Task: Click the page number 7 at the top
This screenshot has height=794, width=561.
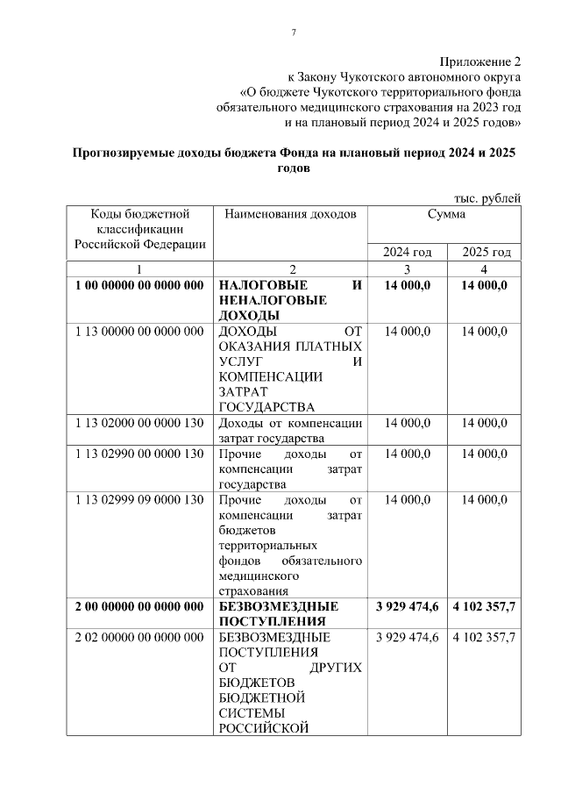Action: pyautogui.click(x=294, y=32)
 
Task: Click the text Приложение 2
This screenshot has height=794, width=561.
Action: pyautogui.click(x=479, y=61)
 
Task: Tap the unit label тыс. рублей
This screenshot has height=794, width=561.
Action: pyautogui.click(x=487, y=198)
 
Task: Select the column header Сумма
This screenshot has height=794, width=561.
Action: pyautogui.click(x=446, y=214)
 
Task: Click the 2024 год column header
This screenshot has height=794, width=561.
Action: pyautogui.click(x=408, y=252)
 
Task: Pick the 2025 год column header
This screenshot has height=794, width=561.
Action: pyautogui.click(x=486, y=252)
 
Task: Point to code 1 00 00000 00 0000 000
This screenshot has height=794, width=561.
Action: pyautogui.click(x=139, y=285)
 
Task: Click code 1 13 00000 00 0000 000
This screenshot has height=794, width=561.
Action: pyautogui.click(x=139, y=331)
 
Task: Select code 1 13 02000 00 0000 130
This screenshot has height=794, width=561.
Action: pyautogui.click(x=139, y=423)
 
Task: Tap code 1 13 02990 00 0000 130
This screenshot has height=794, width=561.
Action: pyautogui.click(x=139, y=454)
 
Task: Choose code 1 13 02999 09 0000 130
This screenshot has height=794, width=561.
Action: pyautogui.click(x=139, y=499)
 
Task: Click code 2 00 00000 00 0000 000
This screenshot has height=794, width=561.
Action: pyautogui.click(x=139, y=607)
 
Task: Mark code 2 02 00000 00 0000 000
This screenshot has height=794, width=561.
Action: pyautogui.click(x=139, y=637)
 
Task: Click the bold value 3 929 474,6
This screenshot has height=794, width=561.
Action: pyautogui.click(x=408, y=607)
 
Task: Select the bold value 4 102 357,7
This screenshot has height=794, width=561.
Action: pyautogui.click(x=485, y=607)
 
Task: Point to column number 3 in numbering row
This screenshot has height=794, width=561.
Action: pyautogui.click(x=407, y=268)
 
